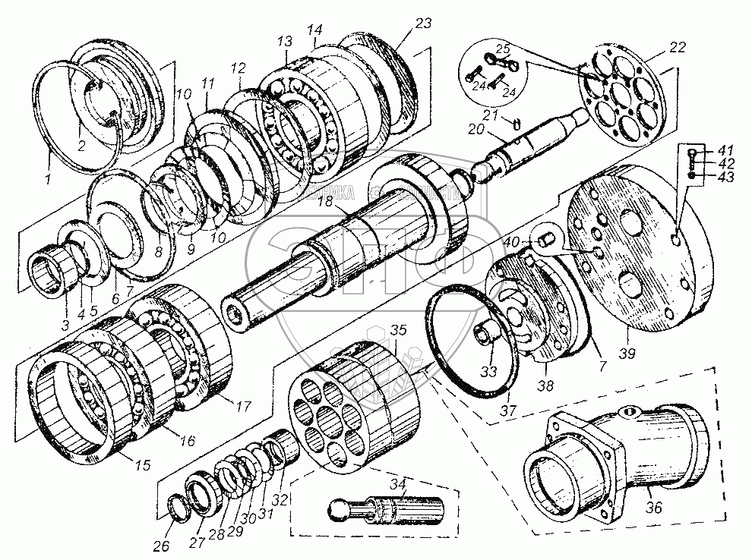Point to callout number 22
pyautogui.click(x=678, y=47)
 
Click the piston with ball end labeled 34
pyautogui.click(x=387, y=509)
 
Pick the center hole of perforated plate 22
pyautogui.click(x=620, y=99)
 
